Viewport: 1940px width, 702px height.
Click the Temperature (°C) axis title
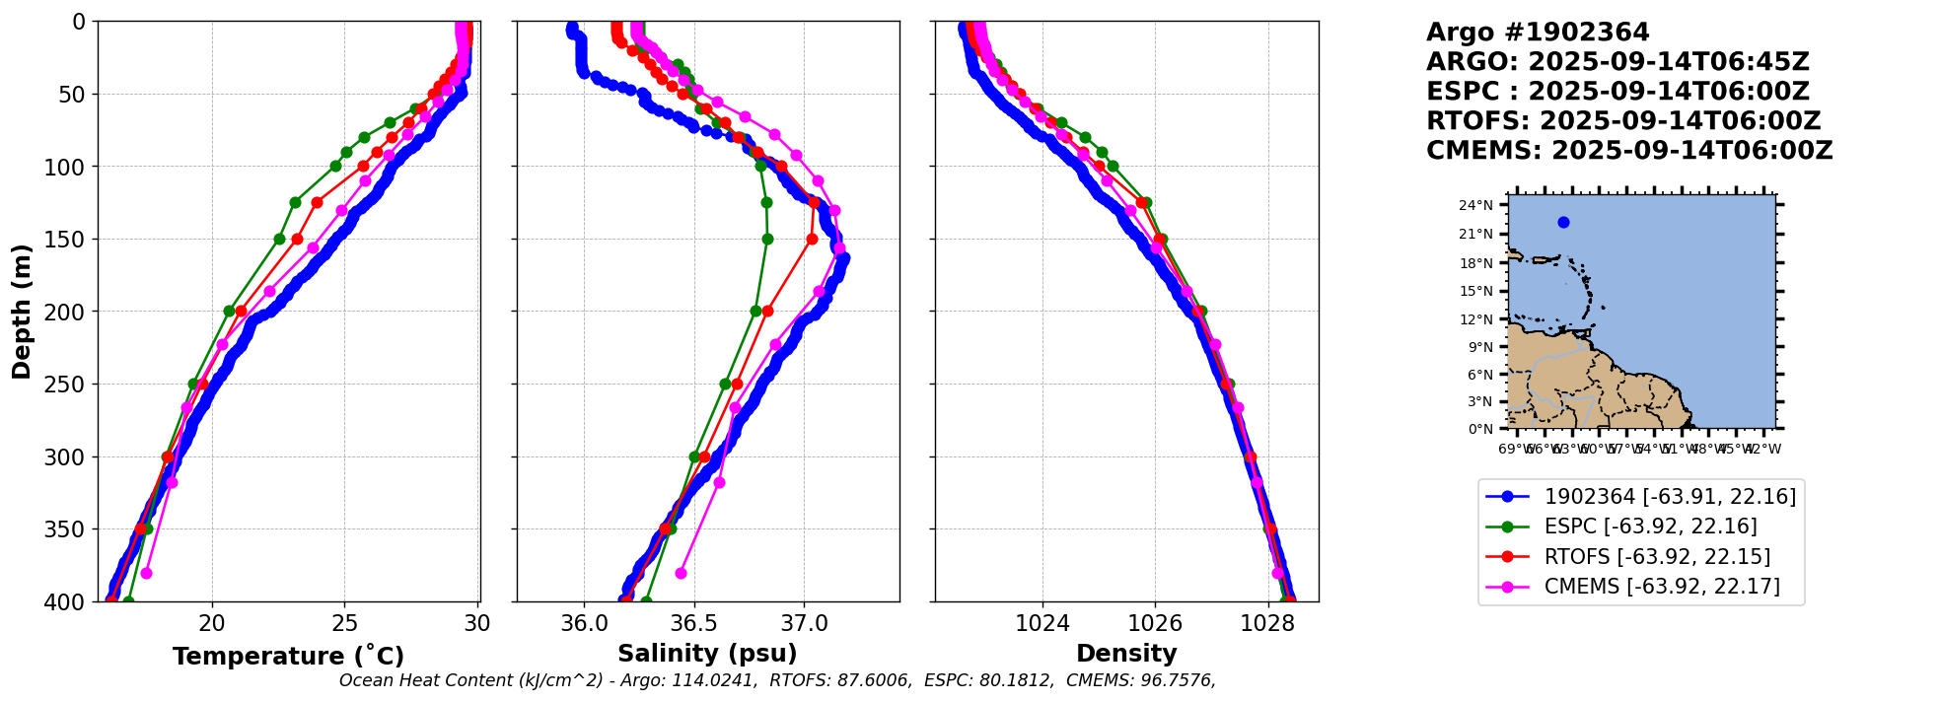(288, 657)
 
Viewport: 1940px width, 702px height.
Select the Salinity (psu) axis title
(707, 654)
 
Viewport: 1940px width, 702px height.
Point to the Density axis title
(1126, 654)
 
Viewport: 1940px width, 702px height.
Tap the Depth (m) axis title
(22, 312)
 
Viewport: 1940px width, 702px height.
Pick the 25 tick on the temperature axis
(344, 623)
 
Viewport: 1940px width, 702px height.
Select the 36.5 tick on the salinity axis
(693, 623)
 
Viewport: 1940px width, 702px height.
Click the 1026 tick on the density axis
(1155, 623)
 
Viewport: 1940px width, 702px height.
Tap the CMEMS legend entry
(1662, 587)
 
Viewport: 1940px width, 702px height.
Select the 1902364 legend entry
(1670, 497)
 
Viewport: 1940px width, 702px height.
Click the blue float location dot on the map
(1563, 222)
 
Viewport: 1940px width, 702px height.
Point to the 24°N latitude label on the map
(1475, 205)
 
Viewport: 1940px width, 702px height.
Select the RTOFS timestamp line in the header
(1623, 121)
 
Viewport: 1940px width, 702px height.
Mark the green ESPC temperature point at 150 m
(279, 239)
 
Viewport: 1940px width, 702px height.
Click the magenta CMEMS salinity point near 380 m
(681, 573)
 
